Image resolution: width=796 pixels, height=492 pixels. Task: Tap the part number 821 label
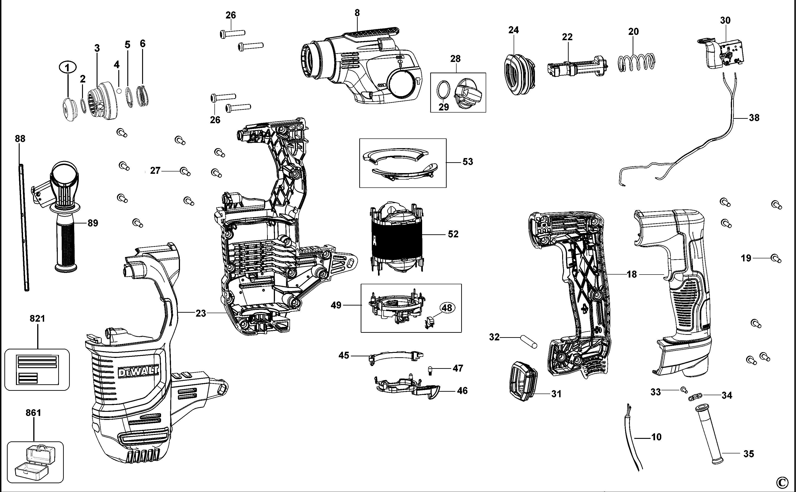pos(37,318)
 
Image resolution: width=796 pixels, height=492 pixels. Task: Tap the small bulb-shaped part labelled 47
pos(430,370)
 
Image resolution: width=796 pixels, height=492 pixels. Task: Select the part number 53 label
pos(468,162)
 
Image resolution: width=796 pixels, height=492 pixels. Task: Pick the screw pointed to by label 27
pos(185,171)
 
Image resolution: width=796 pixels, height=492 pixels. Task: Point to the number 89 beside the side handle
pos(93,223)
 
